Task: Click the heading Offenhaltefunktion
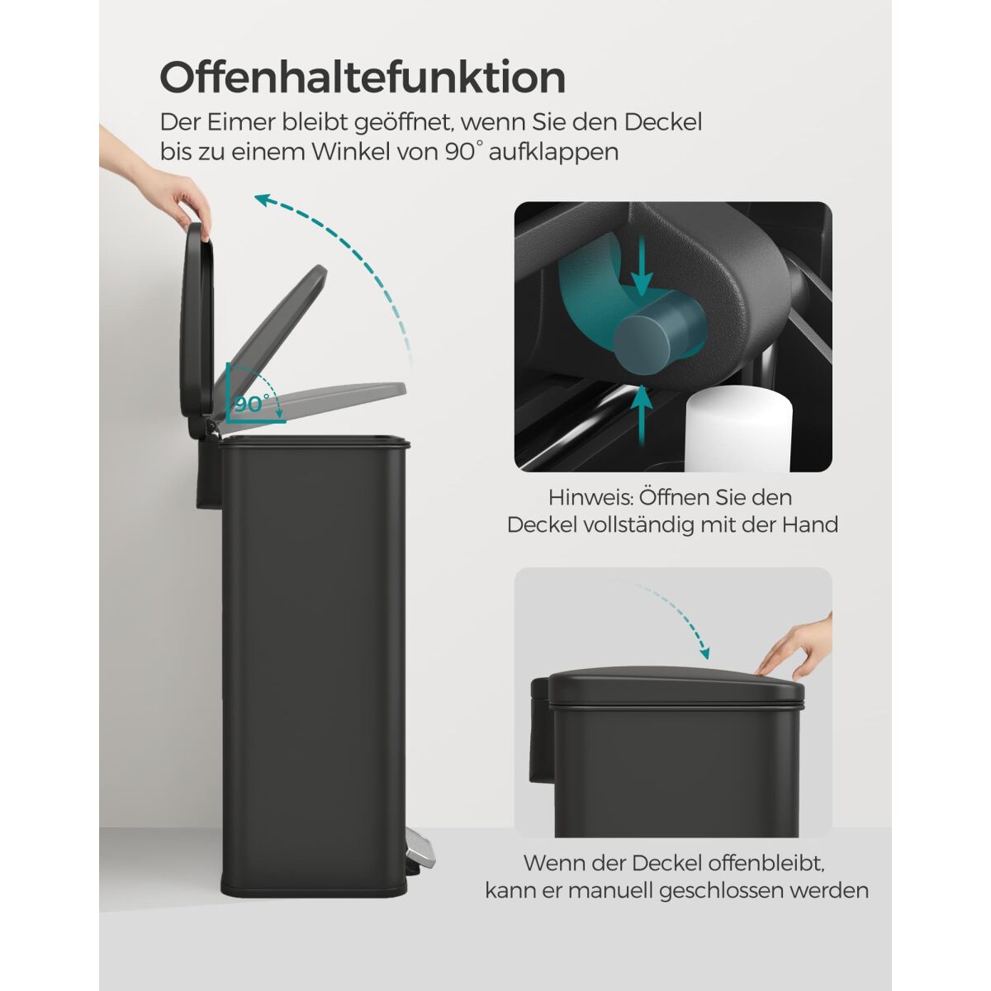[x=363, y=78]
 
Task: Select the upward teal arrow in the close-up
[x=641, y=415]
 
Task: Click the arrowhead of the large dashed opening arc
[x=264, y=201]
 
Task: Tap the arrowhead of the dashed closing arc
[x=704, y=653]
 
